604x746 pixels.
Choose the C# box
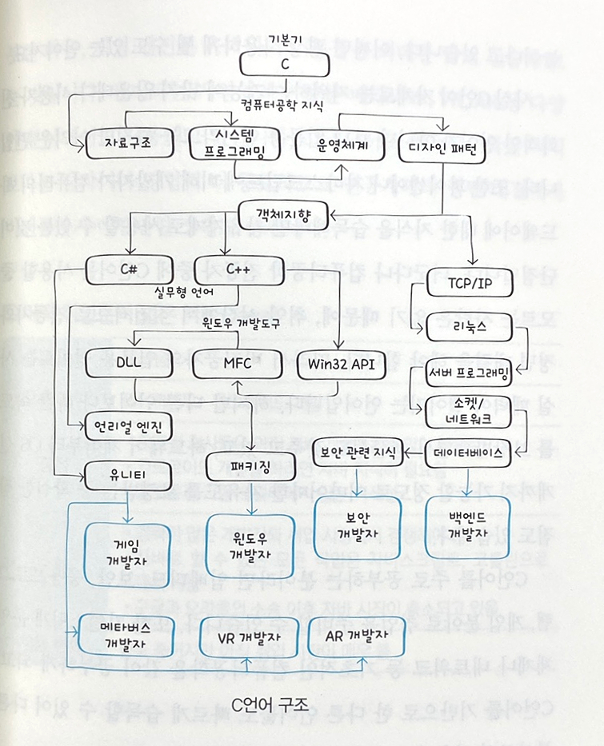coord(127,269)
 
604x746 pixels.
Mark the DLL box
coord(127,365)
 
